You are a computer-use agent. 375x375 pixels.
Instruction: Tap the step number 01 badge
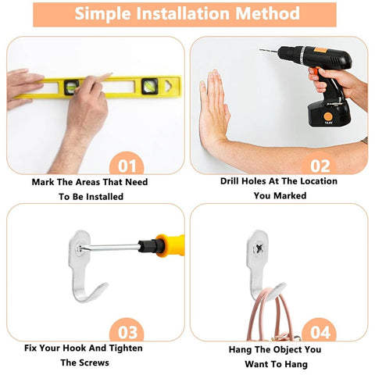pyautogui.click(x=127, y=163)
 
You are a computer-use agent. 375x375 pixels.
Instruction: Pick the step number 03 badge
pyautogui.click(x=127, y=330)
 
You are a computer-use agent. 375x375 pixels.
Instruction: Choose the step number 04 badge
pyautogui.click(x=320, y=330)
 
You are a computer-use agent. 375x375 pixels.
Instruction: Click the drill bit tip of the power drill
pyautogui.click(x=260, y=50)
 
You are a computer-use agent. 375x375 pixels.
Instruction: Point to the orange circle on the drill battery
pyautogui.click(x=328, y=116)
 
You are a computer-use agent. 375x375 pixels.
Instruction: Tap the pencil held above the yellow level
pyautogui.click(x=95, y=81)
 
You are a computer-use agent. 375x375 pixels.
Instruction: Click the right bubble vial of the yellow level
pyautogui.click(x=150, y=86)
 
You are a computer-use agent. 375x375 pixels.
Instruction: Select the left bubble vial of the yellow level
pyautogui.click(x=71, y=87)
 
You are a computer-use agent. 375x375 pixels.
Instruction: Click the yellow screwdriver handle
pyautogui.click(x=170, y=245)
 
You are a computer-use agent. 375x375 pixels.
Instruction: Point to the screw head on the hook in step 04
pyautogui.click(x=259, y=248)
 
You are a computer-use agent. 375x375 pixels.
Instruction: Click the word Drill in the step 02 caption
pyautogui.click(x=230, y=181)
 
